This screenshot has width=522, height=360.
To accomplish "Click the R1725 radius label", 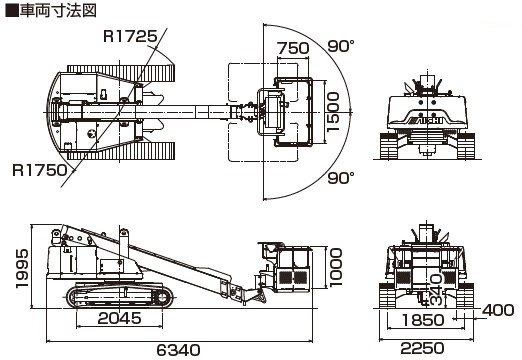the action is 130,36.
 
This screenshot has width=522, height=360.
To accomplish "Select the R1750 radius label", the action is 40,170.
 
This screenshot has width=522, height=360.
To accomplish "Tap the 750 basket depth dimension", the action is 293,48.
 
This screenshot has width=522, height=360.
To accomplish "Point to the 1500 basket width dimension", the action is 333,112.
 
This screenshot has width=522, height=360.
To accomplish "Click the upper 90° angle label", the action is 341,46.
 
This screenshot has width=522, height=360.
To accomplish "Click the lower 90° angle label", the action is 341,178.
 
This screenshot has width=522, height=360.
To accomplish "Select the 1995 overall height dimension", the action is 22,268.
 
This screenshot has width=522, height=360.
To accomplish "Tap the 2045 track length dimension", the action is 119,318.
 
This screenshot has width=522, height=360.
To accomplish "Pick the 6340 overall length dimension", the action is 179,350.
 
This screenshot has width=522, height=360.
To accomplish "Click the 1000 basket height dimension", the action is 336,267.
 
